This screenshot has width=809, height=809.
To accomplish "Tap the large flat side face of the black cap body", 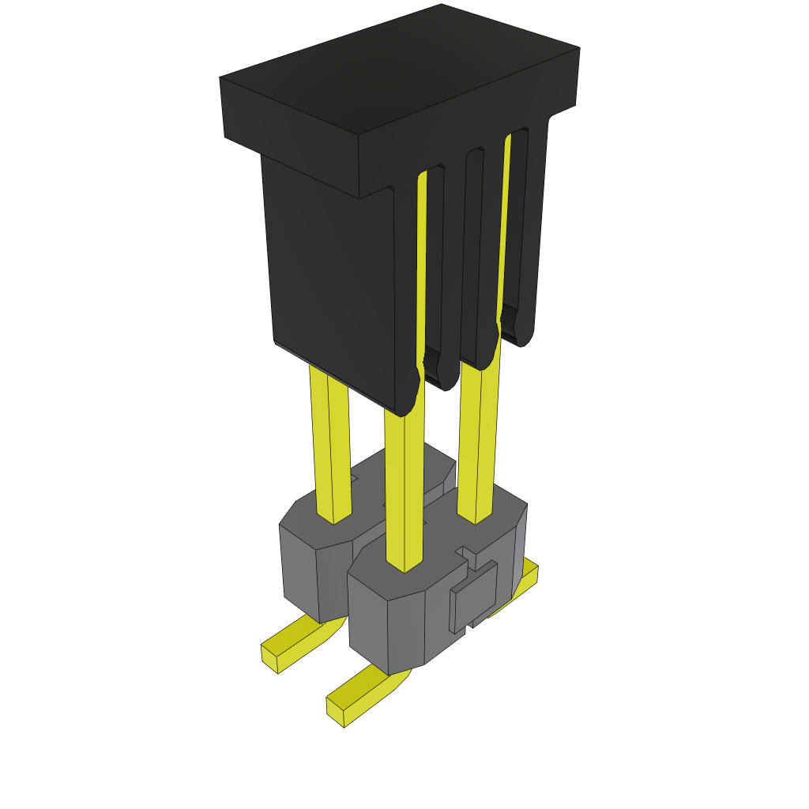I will coord(332,269).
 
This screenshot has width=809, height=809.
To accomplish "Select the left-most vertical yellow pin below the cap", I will coord(330,442).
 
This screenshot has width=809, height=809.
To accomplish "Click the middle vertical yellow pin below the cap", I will coord(404,490).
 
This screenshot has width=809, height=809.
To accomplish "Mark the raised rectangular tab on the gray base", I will coord(475,596).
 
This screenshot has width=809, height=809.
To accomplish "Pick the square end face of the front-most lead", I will coord(336,712).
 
